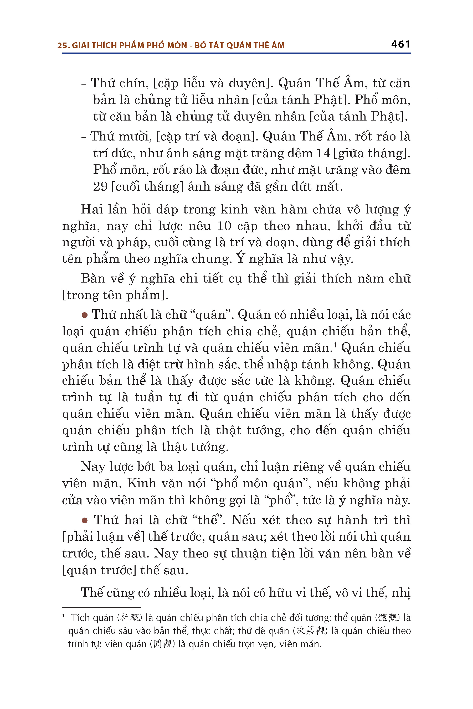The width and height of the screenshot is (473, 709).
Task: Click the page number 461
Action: coord(400,44)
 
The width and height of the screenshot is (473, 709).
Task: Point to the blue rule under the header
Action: coord(236,53)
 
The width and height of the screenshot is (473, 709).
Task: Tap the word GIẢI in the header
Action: coord(81,45)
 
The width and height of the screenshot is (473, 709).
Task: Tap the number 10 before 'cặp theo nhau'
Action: coord(224,226)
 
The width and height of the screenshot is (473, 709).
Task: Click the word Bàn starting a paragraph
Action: coord(92,278)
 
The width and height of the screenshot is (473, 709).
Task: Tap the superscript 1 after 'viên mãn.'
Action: coord(335,344)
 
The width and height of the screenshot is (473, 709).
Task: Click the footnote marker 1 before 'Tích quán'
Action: coord(64,616)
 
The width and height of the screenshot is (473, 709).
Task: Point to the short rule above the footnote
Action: coord(101,607)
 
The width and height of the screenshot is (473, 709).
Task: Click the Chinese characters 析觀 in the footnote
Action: coord(130,618)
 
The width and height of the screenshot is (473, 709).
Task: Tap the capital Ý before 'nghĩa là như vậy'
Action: coord(240,258)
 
